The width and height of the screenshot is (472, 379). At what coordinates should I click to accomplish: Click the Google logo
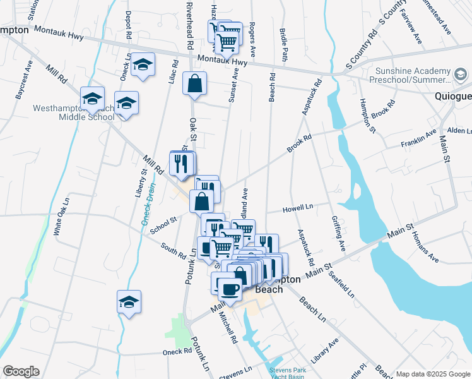[x=21, y=371]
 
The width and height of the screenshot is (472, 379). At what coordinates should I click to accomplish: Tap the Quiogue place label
[x=453, y=96]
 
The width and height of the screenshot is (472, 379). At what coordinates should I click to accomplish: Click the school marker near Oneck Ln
[x=143, y=66]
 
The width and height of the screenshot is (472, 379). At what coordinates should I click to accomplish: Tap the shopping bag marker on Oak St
[x=194, y=84]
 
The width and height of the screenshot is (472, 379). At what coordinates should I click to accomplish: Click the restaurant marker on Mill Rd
[x=181, y=164]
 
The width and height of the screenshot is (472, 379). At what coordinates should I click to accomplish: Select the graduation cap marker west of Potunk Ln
[x=129, y=303]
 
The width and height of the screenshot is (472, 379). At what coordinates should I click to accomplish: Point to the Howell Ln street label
[x=298, y=207]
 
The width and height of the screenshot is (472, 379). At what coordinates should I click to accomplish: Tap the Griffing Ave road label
[x=338, y=233]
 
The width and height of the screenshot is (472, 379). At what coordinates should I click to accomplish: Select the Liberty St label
[x=141, y=183]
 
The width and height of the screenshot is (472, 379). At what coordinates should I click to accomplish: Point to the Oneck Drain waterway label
[x=148, y=208]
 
